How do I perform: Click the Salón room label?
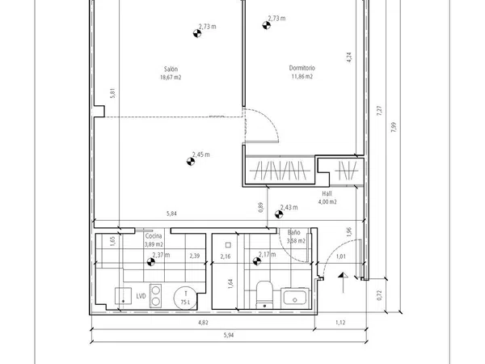[171, 69]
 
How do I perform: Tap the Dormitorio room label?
[302, 68]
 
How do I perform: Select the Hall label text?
[327, 194]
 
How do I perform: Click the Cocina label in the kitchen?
[154, 236]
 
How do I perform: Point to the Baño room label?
[293, 232]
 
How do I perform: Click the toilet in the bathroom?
[264, 294]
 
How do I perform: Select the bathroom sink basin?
[295, 298]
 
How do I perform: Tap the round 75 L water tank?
[185, 298]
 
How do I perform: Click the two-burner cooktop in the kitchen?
[155, 295]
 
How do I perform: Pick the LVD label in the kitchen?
[141, 296]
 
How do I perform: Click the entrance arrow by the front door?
[343, 282]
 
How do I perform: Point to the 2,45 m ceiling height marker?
[191, 161]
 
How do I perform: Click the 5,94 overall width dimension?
[229, 335]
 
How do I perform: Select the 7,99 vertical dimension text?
[394, 127]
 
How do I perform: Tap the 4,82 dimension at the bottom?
[203, 323]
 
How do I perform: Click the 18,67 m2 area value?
[171, 78]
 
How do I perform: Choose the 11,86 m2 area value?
[302, 76]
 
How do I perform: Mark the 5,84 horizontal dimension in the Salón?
[171, 214]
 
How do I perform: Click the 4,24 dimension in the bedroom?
[349, 57]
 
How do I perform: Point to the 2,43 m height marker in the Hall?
[279, 214]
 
